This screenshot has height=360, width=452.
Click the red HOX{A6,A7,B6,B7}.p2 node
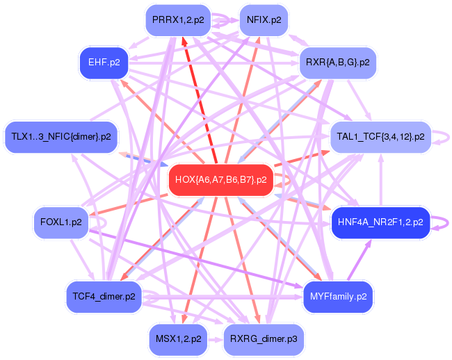tap(221, 180)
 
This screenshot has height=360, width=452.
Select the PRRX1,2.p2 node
tap(178, 20)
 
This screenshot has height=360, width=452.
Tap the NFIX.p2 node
tap(264, 20)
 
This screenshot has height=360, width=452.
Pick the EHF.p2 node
tap(104, 63)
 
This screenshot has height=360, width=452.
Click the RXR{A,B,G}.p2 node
tap(338, 63)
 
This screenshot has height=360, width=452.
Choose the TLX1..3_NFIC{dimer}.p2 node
tap(61, 136)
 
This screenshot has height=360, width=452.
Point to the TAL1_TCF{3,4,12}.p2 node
tap(380, 136)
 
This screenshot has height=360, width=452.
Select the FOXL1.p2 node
tap(61, 222)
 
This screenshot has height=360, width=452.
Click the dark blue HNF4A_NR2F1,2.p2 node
tap(380, 222)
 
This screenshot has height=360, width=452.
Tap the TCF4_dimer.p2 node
tap(104, 297)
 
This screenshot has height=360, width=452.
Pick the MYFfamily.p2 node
tap(338, 297)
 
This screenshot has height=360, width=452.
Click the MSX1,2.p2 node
tap(179, 339)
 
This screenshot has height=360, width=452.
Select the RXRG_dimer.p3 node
tap(264, 339)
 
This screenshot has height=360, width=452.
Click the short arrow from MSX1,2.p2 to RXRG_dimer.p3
tap(216, 340)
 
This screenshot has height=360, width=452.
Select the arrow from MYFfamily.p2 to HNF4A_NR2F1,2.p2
tap(360, 260)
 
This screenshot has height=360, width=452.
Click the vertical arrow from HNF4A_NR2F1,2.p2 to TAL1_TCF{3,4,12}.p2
tap(381, 180)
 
